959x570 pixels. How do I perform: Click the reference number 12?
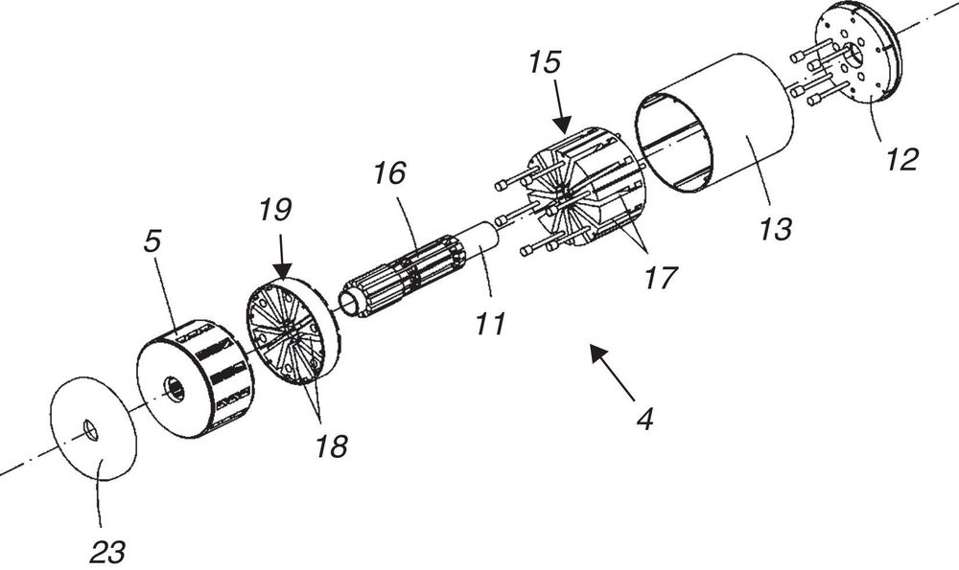pos(902,159)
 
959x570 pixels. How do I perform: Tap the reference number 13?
pos(776,229)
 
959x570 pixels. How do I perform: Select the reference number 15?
pos(545,62)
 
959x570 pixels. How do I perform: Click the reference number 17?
pos(660,278)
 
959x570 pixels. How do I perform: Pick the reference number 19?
pos(274,210)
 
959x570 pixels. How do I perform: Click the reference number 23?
pos(107,553)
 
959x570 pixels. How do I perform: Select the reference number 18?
pos(331,446)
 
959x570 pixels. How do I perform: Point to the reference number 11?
pos(491,324)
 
